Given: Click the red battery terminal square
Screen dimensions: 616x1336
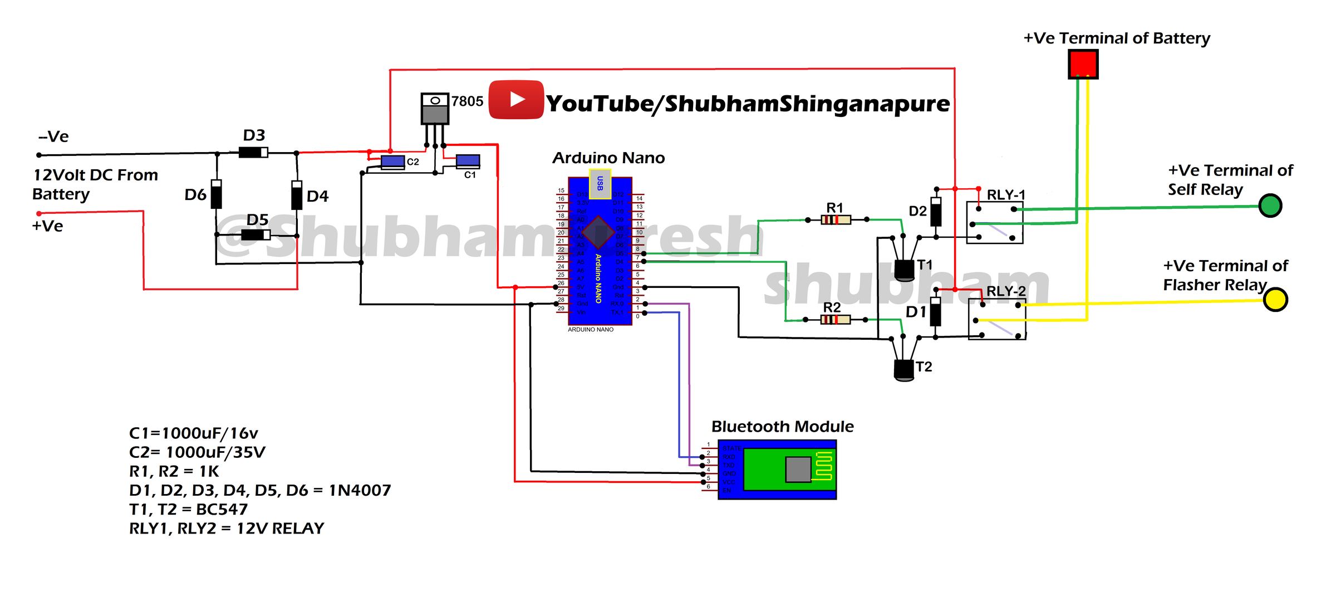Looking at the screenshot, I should [1083, 64].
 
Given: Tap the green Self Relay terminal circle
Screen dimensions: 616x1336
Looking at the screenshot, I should [1270, 206].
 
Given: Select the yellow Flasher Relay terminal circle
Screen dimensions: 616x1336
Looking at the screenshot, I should [1275, 300].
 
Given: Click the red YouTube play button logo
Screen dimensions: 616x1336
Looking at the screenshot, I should [516, 100].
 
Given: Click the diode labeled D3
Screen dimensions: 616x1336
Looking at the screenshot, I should [253, 152].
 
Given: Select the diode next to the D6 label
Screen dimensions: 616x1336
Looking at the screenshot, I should [217, 194].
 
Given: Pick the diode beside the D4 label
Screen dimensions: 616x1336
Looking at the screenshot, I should [297, 195].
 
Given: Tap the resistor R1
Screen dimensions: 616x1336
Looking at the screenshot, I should [836, 220].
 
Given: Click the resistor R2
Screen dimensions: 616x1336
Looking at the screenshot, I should [835, 320].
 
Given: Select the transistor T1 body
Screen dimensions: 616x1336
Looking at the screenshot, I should [904, 270].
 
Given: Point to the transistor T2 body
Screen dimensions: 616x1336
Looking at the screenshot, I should [903, 370].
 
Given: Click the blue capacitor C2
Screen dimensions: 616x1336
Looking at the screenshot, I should [392, 162].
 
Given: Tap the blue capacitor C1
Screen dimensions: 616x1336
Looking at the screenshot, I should [468, 161].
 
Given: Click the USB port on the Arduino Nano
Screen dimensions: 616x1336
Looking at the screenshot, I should [600, 184].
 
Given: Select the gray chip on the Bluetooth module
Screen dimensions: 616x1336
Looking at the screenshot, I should [798, 470].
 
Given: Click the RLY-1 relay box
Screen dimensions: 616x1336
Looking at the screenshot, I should [995, 223].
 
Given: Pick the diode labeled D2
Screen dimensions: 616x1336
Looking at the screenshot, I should [936, 212].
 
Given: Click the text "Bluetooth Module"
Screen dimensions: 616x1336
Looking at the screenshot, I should [782, 427].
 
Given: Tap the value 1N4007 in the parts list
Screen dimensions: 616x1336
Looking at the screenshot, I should [360, 490].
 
